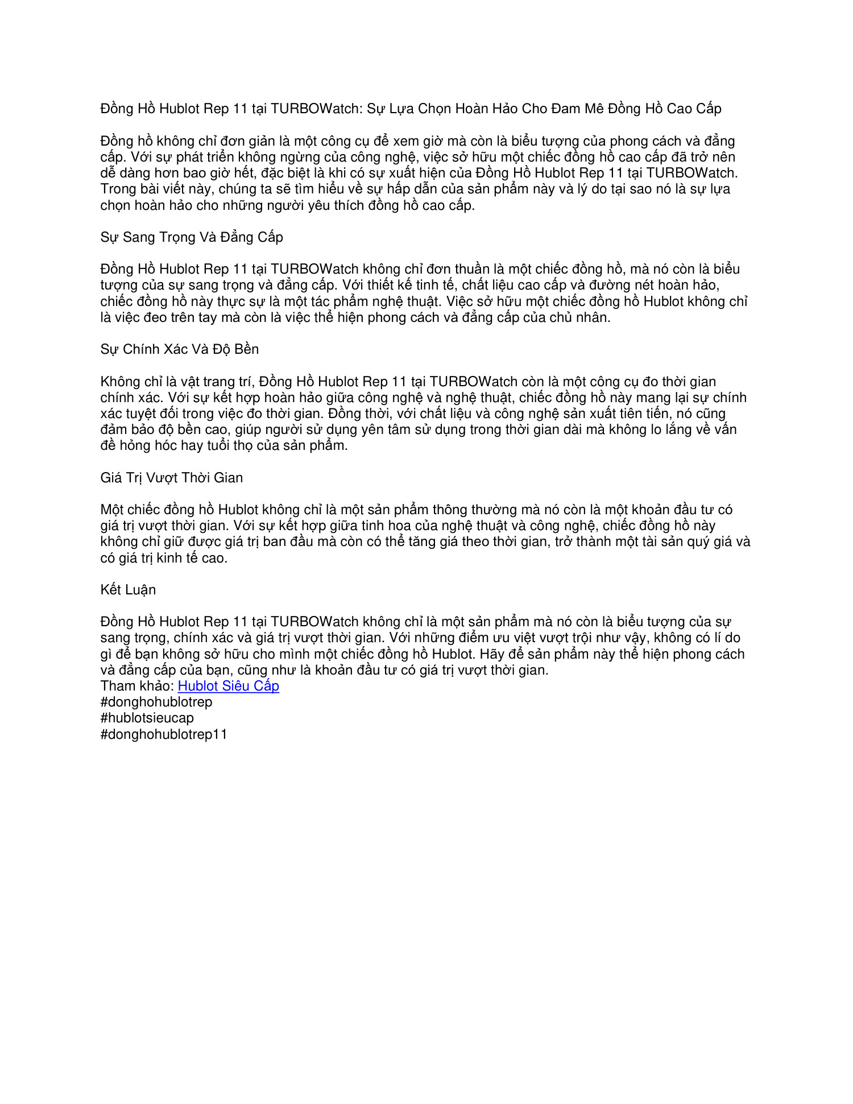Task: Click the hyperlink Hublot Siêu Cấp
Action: click(x=228, y=686)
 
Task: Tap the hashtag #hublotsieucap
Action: click(x=147, y=718)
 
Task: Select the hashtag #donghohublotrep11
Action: click(x=164, y=734)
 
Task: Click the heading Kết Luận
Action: click(x=128, y=590)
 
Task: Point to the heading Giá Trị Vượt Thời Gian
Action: click(x=171, y=478)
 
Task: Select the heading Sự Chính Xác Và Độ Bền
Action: click(x=179, y=349)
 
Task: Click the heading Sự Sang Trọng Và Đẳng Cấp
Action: click(x=192, y=237)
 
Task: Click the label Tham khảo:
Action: click(x=137, y=686)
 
